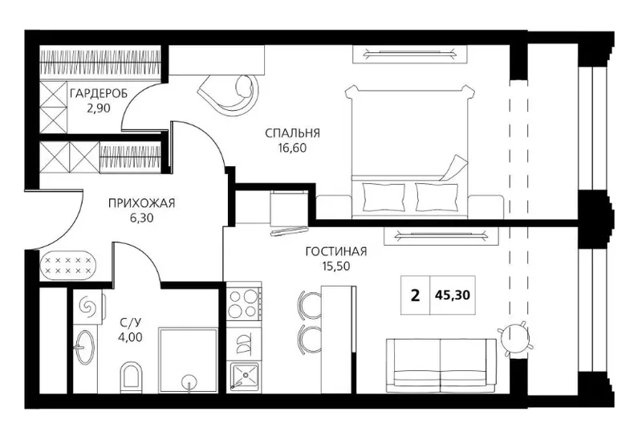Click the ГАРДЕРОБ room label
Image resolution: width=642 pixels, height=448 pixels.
point(99,94)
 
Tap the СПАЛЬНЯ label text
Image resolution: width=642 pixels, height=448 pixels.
point(292,133)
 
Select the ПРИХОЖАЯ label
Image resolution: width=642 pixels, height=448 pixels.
point(142,203)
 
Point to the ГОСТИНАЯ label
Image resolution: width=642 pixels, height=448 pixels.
point(336,251)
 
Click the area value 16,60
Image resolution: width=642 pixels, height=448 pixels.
point(292,149)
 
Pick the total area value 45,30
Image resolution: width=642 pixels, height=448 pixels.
point(453,295)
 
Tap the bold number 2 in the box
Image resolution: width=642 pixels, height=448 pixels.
point(415,295)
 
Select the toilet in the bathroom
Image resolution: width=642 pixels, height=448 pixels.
point(131,377)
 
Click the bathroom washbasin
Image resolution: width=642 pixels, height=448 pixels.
point(84,347)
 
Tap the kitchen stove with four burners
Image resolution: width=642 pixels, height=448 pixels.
point(244,303)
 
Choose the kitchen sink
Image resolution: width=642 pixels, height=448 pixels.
point(244,376)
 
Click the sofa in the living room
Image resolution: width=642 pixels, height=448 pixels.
point(441,365)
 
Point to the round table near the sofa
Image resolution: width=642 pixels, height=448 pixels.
point(514,339)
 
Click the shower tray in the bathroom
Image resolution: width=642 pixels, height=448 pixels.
point(188,360)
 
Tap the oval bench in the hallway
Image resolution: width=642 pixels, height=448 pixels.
point(68,265)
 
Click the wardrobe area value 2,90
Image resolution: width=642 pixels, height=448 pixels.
point(99,108)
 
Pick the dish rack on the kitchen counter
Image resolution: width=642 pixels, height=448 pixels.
point(244,341)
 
